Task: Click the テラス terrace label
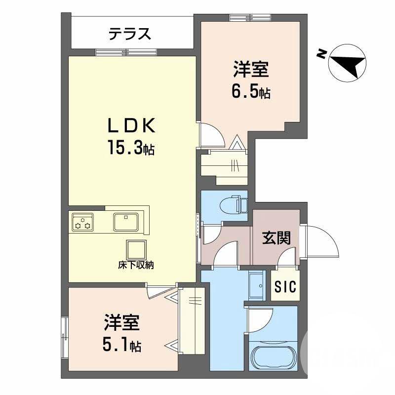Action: (129, 34)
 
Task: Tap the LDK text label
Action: (132, 126)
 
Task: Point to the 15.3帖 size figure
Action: (131, 148)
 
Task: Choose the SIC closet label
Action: (286, 287)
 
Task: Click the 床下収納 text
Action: (136, 265)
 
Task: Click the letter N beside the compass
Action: (321, 54)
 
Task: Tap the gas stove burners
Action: (82, 222)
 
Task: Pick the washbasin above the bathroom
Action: (257, 286)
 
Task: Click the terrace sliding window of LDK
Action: (126, 52)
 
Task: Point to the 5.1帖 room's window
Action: (65, 336)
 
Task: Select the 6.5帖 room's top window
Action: (250, 18)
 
